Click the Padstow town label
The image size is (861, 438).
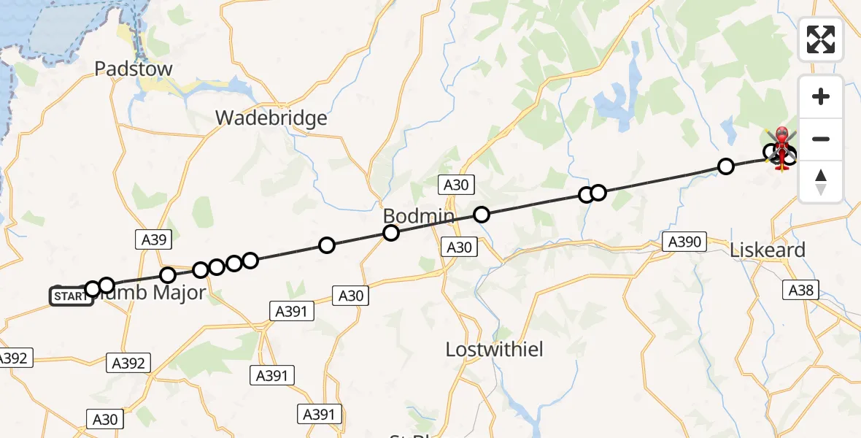(134, 69)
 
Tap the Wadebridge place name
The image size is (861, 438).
(271, 118)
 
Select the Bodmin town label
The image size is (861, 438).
(419, 217)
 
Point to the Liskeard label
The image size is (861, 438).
(768, 250)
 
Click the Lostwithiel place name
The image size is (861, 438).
(494, 350)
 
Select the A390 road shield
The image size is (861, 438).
(684, 242)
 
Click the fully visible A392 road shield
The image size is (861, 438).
(128, 362)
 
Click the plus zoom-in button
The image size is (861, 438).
(821, 96)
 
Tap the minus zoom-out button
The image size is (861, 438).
(821, 139)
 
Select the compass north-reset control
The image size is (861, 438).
(821, 182)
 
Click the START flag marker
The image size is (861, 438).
(71, 296)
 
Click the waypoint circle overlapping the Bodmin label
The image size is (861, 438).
(391, 233)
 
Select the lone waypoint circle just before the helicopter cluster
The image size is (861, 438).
(725, 166)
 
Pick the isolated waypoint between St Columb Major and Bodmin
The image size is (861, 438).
(327, 245)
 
